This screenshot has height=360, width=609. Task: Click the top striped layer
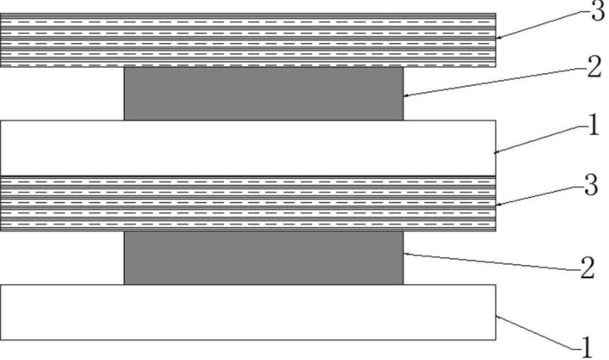(248, 40)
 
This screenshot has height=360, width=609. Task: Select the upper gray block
(264, 94)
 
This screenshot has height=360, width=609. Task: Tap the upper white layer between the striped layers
(248, 148)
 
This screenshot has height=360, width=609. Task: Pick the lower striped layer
(248, 203)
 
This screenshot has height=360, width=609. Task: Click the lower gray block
(264, 258)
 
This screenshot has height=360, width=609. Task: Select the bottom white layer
(248, 311)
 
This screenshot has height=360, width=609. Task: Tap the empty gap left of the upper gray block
(62, 94)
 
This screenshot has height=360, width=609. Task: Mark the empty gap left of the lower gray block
(62, 258)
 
